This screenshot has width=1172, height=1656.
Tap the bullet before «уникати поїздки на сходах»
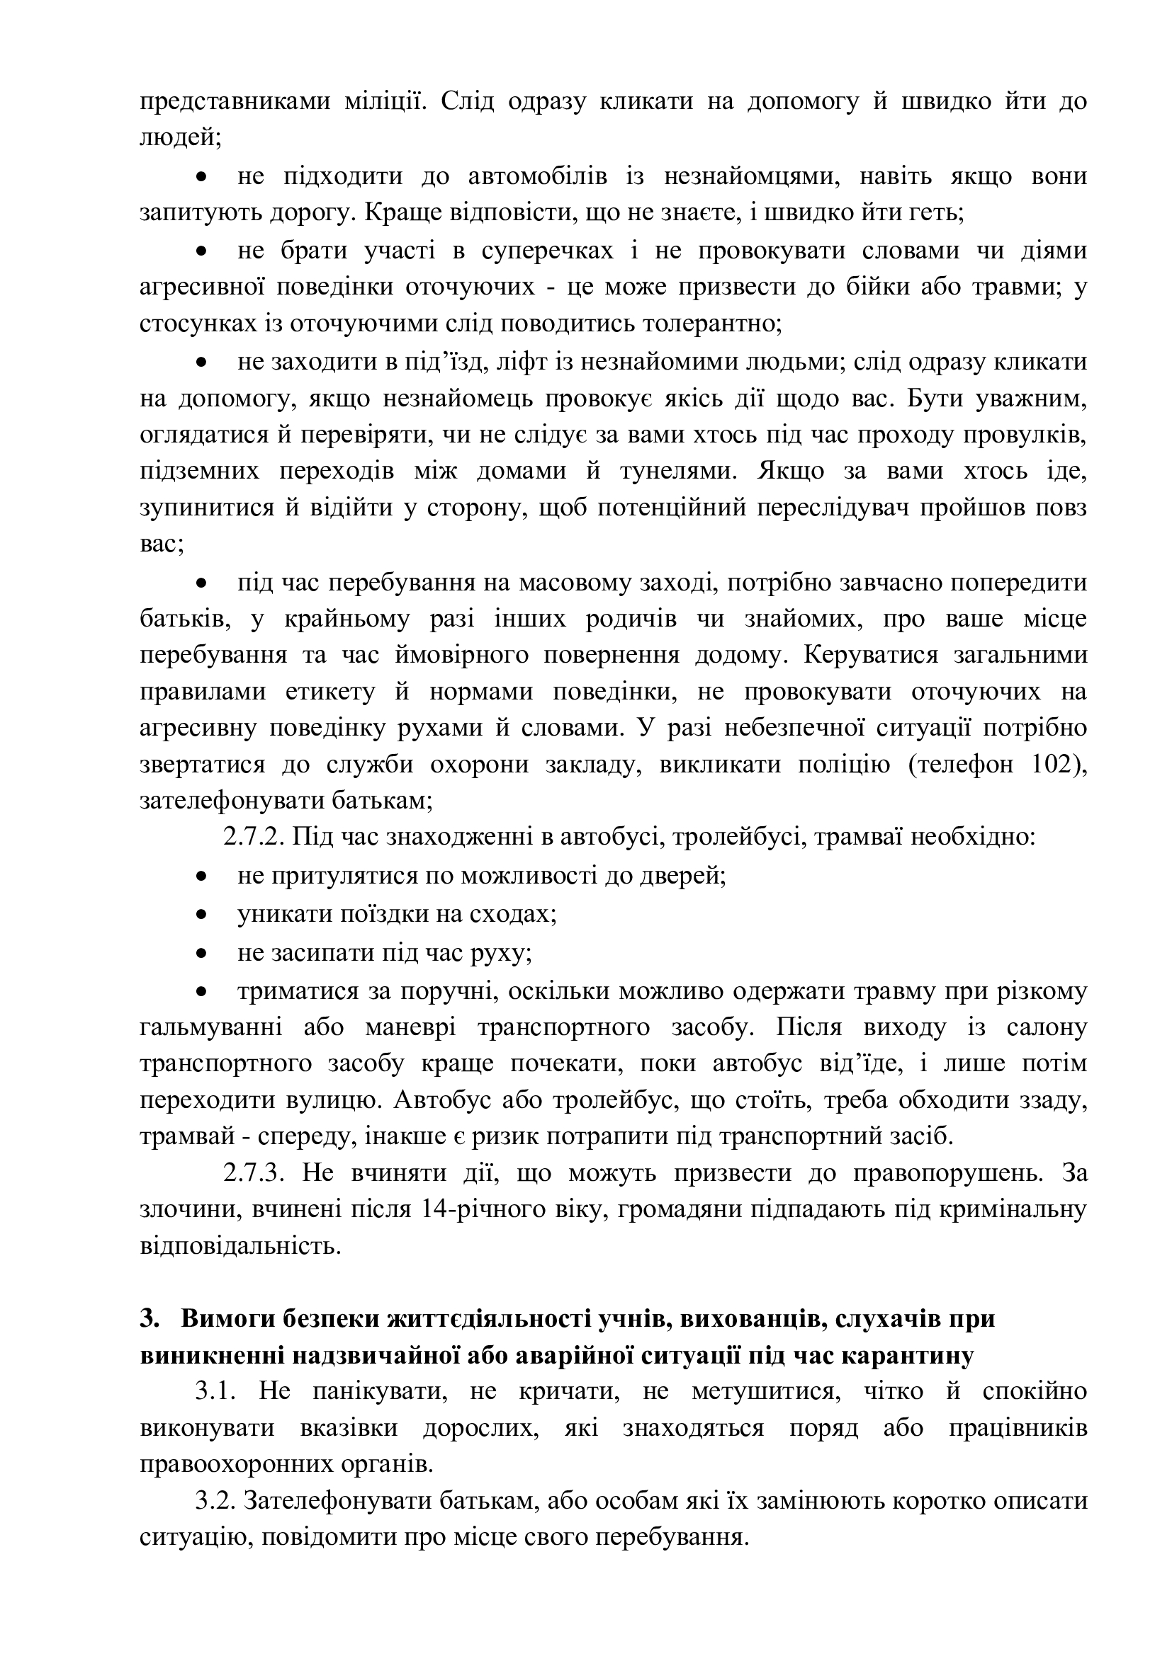tap(203, 915)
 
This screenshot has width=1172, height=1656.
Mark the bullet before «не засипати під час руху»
tap(203, 954)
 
